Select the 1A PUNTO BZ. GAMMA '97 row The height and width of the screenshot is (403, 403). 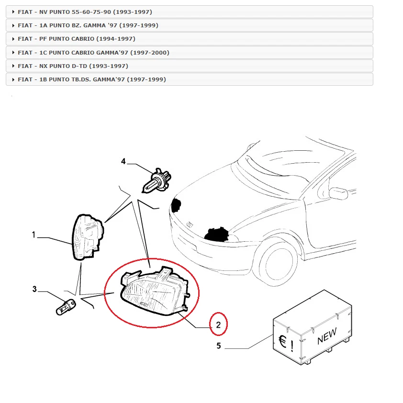click(88, 25)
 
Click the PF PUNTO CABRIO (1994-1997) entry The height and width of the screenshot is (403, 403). click(77, 38)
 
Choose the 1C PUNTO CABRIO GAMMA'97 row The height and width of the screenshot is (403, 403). click(93, 52)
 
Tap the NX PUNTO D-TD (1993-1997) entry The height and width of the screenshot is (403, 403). click(73, 66)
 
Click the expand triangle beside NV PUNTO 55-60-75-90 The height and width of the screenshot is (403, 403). click(13, 11)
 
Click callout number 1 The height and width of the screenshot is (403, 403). click(34, 235)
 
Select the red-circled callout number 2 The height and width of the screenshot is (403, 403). click(218, 325)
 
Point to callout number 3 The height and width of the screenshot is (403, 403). click(34, 289)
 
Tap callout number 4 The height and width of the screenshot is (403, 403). click(123, 162)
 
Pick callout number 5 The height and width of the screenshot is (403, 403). click(219, 346)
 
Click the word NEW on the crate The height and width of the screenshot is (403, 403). click(327, 336)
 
